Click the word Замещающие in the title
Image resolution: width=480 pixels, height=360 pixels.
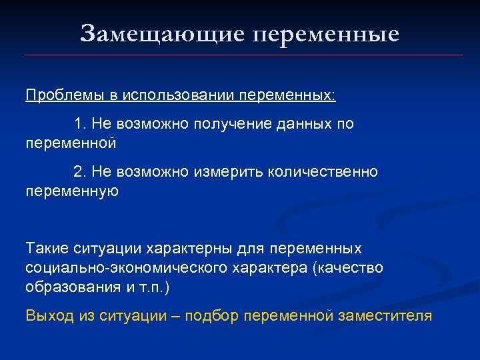click(162, 33)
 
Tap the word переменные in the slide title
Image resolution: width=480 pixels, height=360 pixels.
click(326, 33)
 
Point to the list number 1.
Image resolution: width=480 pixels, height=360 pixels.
click(79, 124)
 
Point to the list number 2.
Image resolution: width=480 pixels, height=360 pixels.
click(79, 172)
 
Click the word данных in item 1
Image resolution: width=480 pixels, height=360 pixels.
click(299, 124)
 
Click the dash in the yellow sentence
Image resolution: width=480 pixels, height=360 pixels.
click(179, 315)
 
